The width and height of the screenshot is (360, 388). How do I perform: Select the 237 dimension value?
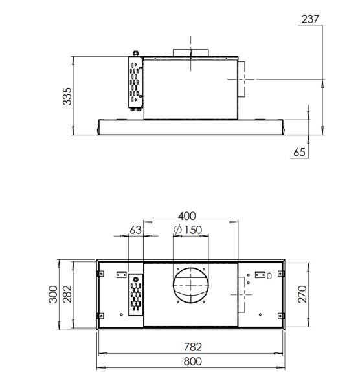click(x=310, y=18)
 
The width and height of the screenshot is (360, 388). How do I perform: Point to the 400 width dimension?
click(x=187, y=215)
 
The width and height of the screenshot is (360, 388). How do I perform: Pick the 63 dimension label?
click(x=135, y=230)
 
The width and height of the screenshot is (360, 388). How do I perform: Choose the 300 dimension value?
click(x=51, y=296)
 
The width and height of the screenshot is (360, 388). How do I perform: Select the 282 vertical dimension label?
click(x=65, y=296)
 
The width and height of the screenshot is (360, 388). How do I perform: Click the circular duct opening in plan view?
click(x=191, y=285)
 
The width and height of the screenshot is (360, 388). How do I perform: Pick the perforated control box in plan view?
click(x=136, y=296)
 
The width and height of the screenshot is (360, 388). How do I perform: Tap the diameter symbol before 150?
click(x=177, y=230)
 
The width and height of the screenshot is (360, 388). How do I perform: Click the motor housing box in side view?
click(x=190, y=88)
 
